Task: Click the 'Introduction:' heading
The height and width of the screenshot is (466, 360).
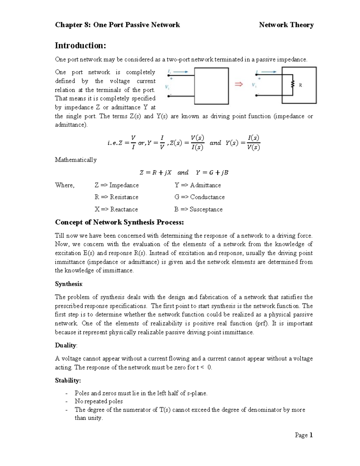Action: point(80,46)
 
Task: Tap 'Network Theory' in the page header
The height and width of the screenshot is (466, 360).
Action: point(286,25)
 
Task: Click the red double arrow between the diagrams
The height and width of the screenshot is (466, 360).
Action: point(238,85)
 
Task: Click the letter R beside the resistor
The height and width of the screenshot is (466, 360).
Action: point(300,85)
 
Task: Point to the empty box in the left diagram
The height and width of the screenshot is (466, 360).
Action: point(211,86)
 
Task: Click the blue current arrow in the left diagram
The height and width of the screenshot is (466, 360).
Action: point(181,72)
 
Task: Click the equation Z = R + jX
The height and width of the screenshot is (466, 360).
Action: point(155,173)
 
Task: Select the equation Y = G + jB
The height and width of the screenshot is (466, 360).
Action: point(212,173)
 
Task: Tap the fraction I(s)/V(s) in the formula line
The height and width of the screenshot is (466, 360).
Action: point(253,143)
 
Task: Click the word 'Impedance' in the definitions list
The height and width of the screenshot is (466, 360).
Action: point(124,185)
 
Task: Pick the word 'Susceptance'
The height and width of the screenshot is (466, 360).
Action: point(206,209)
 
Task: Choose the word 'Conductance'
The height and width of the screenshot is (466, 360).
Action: point(207,197)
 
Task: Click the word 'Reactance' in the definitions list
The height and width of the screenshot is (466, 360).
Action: point(124,209)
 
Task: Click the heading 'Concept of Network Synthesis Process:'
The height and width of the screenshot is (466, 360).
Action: point(119,222)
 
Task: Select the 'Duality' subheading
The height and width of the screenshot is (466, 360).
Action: point(65,345)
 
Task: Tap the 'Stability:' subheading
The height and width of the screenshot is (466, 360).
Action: point(68,381)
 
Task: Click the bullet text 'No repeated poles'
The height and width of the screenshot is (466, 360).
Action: point(98,401)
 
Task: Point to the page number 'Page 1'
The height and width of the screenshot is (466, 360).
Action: point(304,435)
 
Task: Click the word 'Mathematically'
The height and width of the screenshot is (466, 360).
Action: point(76,160)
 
